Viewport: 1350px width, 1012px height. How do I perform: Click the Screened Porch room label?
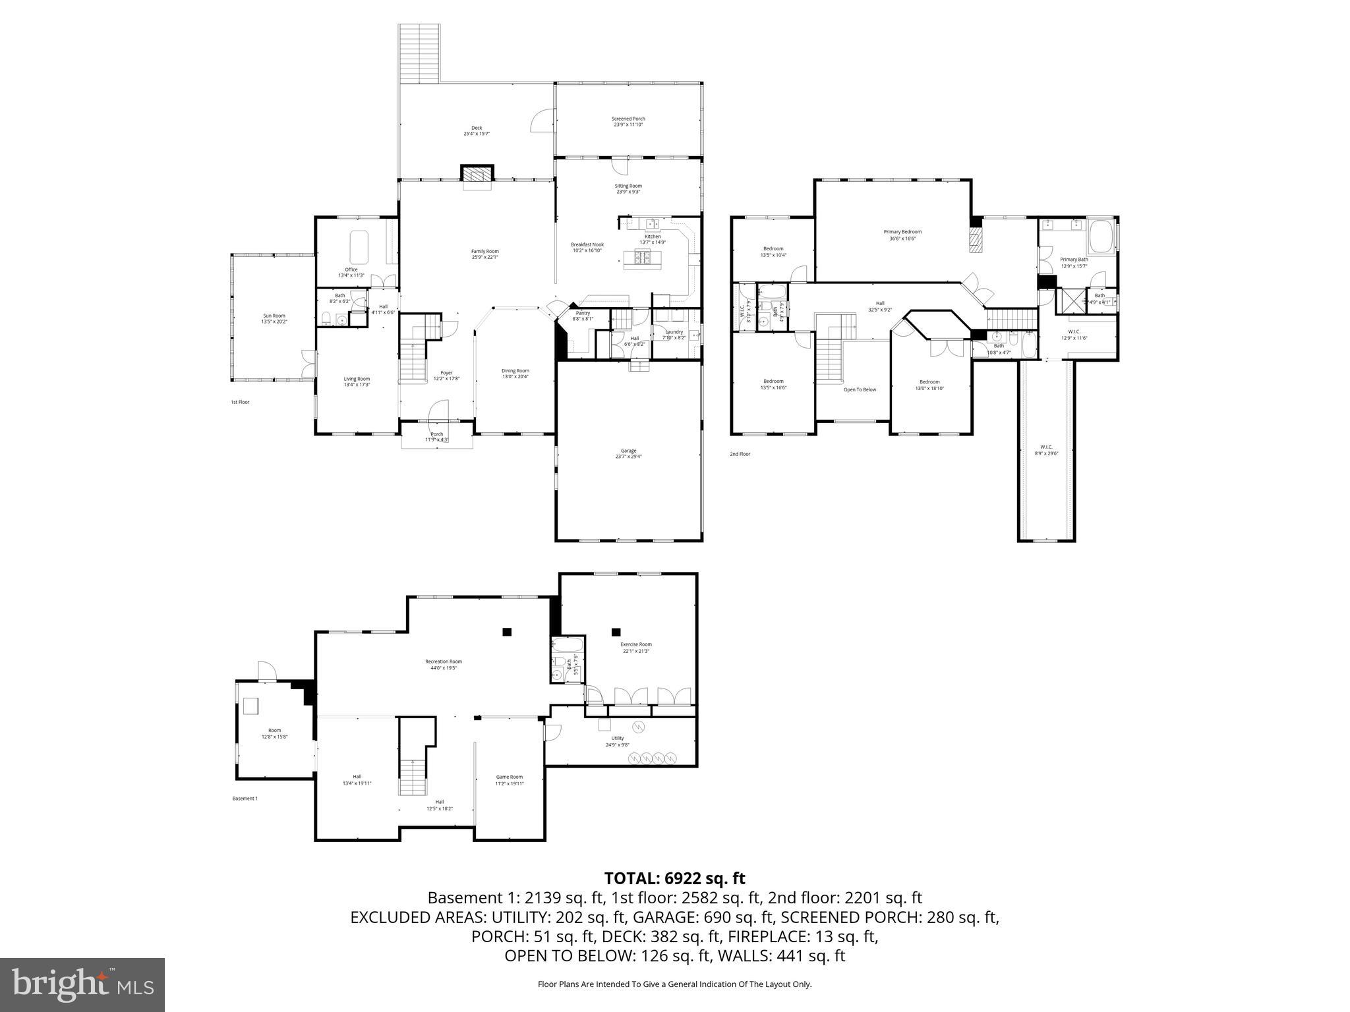pos(628,122)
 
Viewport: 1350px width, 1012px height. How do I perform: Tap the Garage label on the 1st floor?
pos(628,453)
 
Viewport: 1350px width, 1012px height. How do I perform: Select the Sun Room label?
pos(274,318)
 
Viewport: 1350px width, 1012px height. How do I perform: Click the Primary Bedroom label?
pos(902,235)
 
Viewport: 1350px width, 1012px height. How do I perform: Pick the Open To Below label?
pos(860,389)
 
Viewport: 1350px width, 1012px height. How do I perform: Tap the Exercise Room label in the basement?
pos(636,648)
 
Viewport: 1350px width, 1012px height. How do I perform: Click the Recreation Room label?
pos(443,664)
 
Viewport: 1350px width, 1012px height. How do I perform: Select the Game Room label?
pos(509,780)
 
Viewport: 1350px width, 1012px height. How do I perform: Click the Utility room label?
pos(617,741)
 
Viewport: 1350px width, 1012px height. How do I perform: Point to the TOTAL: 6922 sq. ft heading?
pos(674,878)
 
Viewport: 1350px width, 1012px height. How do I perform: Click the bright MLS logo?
pos(82,985)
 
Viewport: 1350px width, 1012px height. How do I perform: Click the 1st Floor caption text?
pos(240,402)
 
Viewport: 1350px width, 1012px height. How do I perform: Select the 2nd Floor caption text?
pos(740,454)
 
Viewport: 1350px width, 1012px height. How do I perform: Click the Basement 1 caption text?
pos(245,799)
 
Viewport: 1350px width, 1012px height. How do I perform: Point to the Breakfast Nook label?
pos(587,247)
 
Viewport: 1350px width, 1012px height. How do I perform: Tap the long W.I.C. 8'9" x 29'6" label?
pos(1046,450)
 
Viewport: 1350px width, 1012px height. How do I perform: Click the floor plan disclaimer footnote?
pos(674,984)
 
